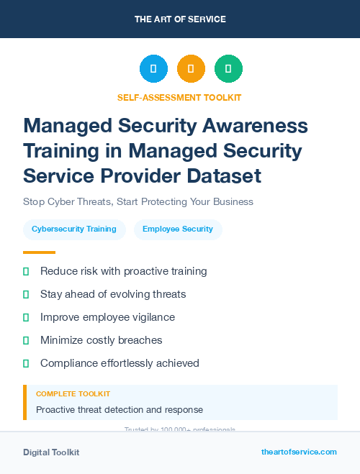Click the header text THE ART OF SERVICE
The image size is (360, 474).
pyautogui.click(x=180, y=19)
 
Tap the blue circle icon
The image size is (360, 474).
pyautogui.click(x=153, y=68)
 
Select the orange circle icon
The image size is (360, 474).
pyautogui.click(x=191, y=68)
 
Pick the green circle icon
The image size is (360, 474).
pyautogui.click(x=228, y=68)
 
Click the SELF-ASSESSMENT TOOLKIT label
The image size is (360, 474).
pyautogui.click(x=179, y=97)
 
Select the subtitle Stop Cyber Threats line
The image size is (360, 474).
pyautogui.click(x=138, y=202)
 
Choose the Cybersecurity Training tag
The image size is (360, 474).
pyautogui.click(x=74, y=229)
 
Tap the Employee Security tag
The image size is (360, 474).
pyautogui.click(x=178, y=229)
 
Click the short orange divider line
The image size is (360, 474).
pyautogui.click(x=39, y=252)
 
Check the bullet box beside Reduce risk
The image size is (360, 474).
pyautogui.click(x=26, y=271)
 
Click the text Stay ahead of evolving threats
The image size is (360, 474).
pyautogui.click(x=113, y=294)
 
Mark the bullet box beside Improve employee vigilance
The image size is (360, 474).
pyautogui.click(x=26, y=317)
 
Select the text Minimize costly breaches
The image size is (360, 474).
pyautogui.click(x=102, y=340)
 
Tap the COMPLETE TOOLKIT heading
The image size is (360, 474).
pyautogui.click(x=73, y=394)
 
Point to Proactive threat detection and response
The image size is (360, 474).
pyautogui.click(x=120, y=410)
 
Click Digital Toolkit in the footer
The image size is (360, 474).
pyautogui.click(x=51, y=452)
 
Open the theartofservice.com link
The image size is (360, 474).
pyautogui.click(x=299, y=452)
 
